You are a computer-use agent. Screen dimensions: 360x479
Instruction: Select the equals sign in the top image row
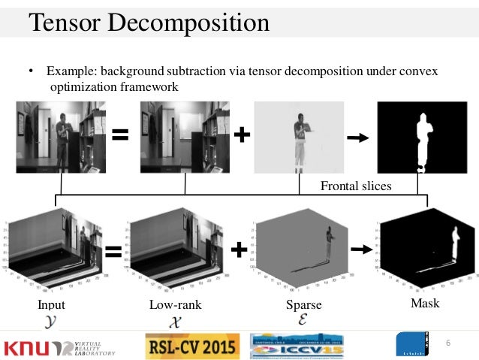120,136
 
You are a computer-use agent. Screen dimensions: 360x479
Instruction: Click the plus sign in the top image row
242,135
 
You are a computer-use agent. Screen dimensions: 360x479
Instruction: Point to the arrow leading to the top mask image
357,138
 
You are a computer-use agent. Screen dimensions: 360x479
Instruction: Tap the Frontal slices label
356,186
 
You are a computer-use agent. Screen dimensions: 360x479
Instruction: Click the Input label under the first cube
51,305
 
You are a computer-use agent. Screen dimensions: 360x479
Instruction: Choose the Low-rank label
176,305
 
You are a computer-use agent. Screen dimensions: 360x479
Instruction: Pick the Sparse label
303,305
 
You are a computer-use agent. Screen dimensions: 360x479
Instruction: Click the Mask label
425,304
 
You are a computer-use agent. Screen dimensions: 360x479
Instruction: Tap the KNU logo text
30,347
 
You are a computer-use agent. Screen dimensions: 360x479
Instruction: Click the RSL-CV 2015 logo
191,346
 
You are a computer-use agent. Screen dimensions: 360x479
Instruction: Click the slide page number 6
447,343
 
